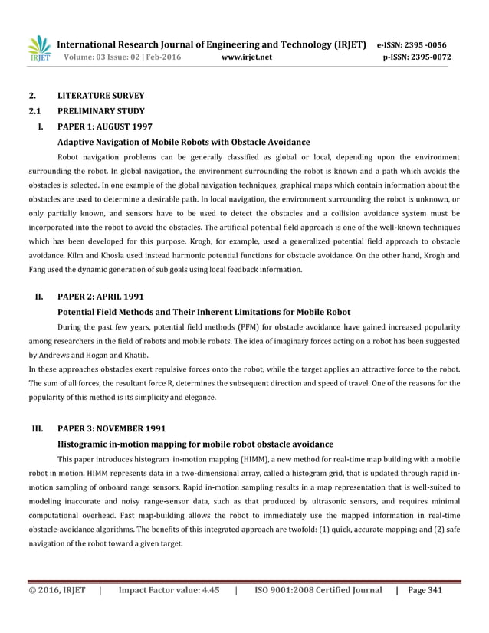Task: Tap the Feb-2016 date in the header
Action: [x=163, y=57]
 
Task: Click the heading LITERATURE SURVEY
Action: [x=100, y=97]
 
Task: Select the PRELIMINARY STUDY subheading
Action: [x=101, y=112]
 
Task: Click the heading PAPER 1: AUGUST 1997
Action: [x=104, y=126]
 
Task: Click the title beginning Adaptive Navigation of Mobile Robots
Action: [x=184, y=142]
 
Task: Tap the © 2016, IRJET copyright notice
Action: [x=57, y=590]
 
